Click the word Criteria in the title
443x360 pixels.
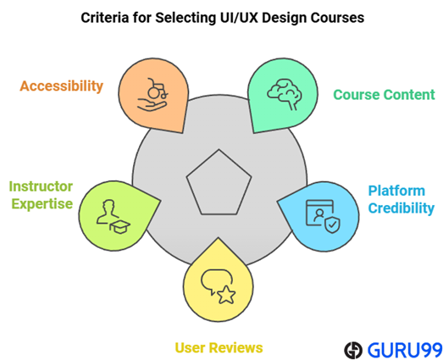[107, 17]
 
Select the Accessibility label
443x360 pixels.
[62, 86]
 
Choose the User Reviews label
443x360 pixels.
[219, 347]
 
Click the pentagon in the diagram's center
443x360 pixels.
[219, 181]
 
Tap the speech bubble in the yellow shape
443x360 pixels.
[213, 281]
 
